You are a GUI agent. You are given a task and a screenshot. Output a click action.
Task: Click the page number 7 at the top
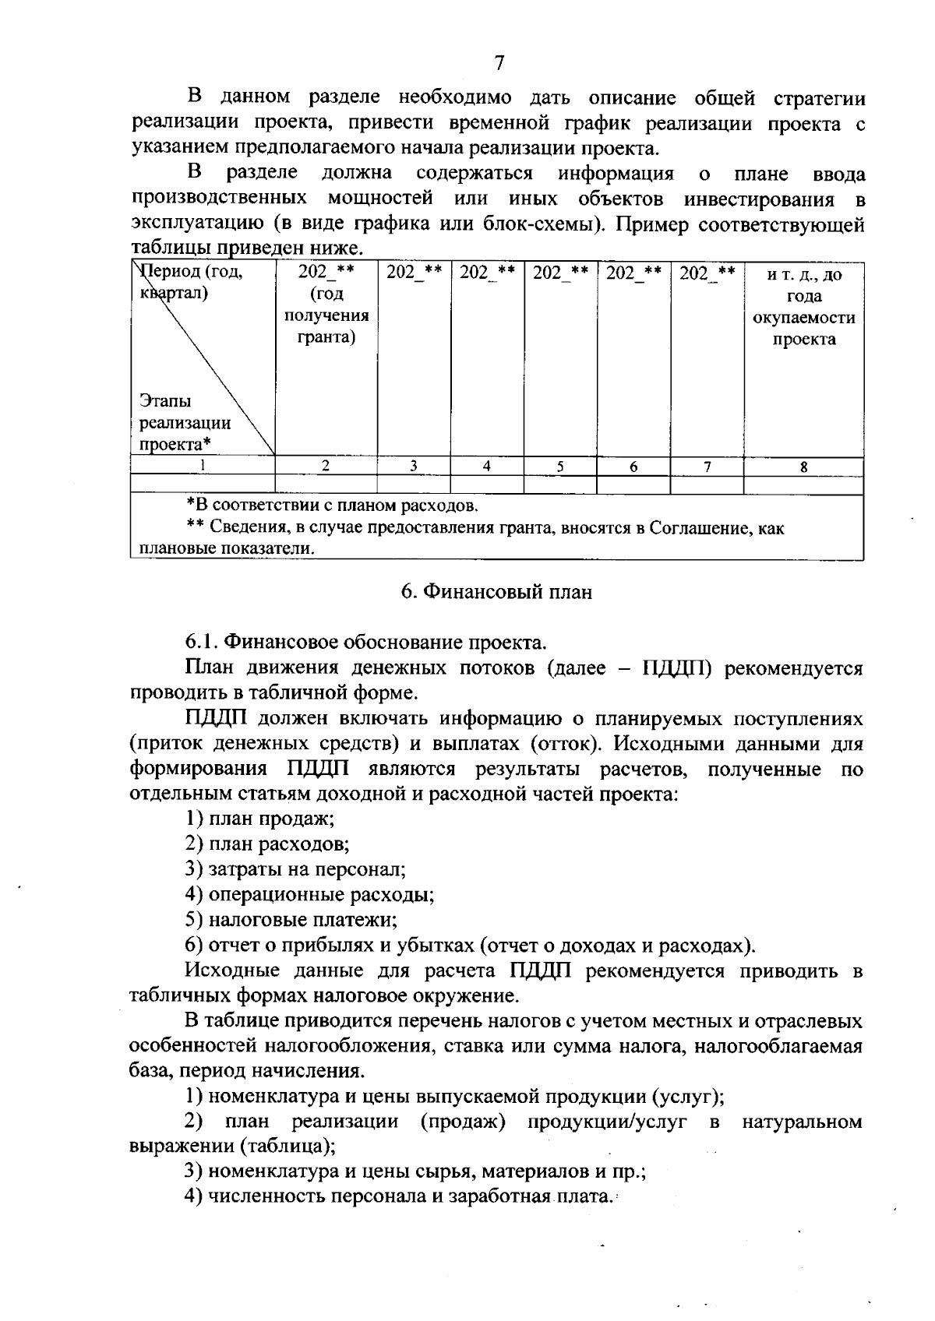(x=499, y=63)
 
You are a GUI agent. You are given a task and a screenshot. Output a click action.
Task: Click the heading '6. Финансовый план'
(x=496, y=592)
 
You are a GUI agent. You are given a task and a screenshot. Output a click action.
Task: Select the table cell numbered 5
(x=559, y=467)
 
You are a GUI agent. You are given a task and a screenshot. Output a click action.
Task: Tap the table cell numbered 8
(x=803, y=467)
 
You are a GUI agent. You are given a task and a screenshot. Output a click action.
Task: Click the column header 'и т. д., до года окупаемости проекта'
(x=803, y=306)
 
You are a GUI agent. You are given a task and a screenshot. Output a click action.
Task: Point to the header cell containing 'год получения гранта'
(x=326, y=305)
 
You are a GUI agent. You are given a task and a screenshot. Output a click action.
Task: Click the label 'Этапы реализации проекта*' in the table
(x=185, y=423)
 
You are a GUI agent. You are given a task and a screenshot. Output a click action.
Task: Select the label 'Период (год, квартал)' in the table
(x=191, y=282)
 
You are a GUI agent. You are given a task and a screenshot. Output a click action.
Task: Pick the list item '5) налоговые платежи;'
(x=291, y=920)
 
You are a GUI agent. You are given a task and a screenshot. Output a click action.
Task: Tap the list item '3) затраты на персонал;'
(x=295, y=869)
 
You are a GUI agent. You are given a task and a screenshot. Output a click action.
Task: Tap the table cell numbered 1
(x=203, y=467)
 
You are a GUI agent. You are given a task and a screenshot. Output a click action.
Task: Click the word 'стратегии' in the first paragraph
(x=819, y=98)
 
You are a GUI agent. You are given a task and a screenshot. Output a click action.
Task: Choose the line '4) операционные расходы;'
(x=309, y=894)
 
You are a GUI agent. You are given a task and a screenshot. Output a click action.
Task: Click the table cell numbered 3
(x=413, y=467)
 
